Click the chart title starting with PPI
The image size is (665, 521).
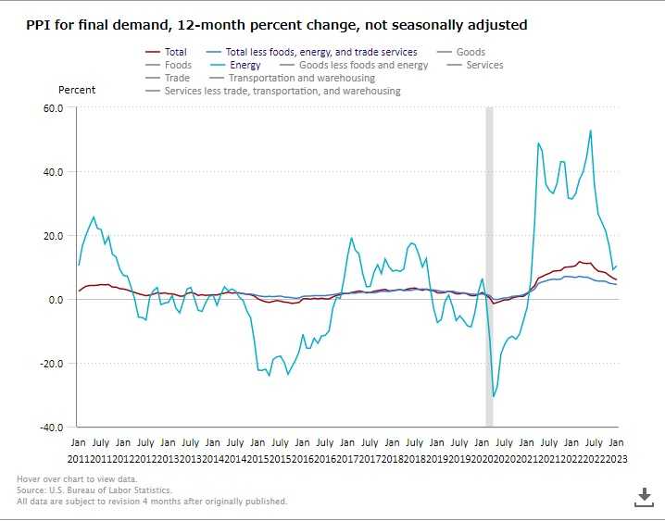(x=276, y=25)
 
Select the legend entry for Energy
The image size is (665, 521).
(x=245, y=66)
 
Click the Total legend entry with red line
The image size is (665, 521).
(x=174, y=53)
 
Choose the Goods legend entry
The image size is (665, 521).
(x=471, y=53)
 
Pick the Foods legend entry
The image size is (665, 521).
(x=178, y=66)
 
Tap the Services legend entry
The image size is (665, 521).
(x=484, y=66)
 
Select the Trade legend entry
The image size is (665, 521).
(x=177, y=79)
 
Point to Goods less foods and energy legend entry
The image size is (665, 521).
(x=363, y=66)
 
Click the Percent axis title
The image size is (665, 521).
(x=77, y=91)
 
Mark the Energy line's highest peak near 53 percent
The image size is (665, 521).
(x=591, y=130)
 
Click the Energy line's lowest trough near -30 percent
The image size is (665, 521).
(x=494, y=396)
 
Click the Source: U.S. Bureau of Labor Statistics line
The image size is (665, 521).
(x=94, y=490)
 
